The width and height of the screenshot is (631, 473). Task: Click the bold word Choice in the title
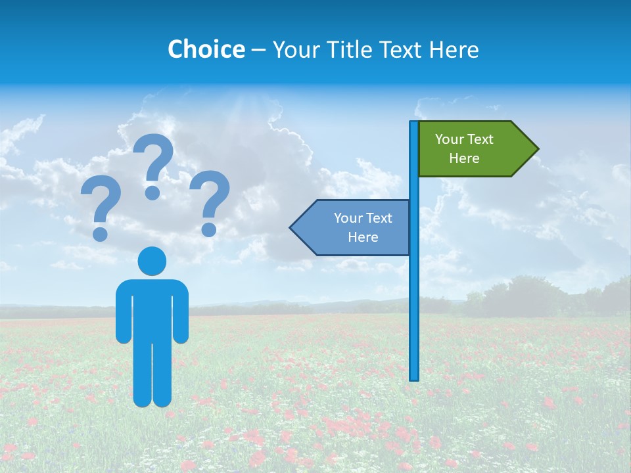coord(206,49)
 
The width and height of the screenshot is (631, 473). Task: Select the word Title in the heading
coord(348,49)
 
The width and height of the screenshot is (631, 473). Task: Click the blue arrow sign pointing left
coord(355,227)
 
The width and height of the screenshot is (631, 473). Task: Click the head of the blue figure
coord(152,261)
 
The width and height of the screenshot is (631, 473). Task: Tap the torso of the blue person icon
coord(152,309)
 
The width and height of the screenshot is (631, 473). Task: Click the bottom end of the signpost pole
coord(413,376)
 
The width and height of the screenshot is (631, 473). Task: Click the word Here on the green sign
coord(464,158)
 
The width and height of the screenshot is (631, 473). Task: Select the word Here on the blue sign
coord(363,237)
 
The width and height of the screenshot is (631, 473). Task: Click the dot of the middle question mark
coord(152,192)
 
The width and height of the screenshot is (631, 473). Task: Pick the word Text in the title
coord(401,49)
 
